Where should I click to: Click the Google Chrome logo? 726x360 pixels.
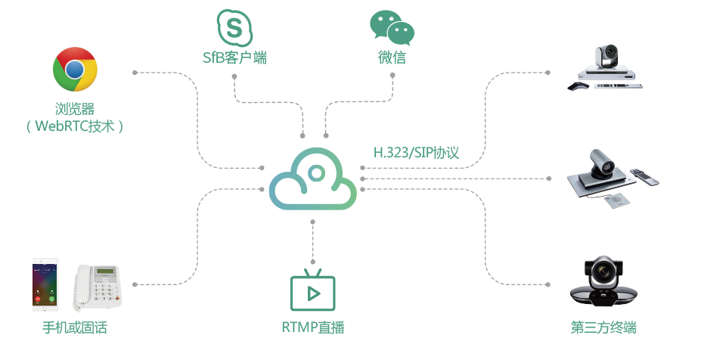point(74,70)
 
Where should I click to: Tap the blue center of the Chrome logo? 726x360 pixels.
point(74,70)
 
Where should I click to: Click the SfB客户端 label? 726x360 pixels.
point(234,57)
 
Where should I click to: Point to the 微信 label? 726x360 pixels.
point(392,57)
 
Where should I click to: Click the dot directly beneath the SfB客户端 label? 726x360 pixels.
point(234,77)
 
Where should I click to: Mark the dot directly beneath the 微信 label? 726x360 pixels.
point(392,77)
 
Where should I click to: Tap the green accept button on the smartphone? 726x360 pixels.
point(52,299)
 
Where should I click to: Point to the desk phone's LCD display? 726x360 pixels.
point(104,273)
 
